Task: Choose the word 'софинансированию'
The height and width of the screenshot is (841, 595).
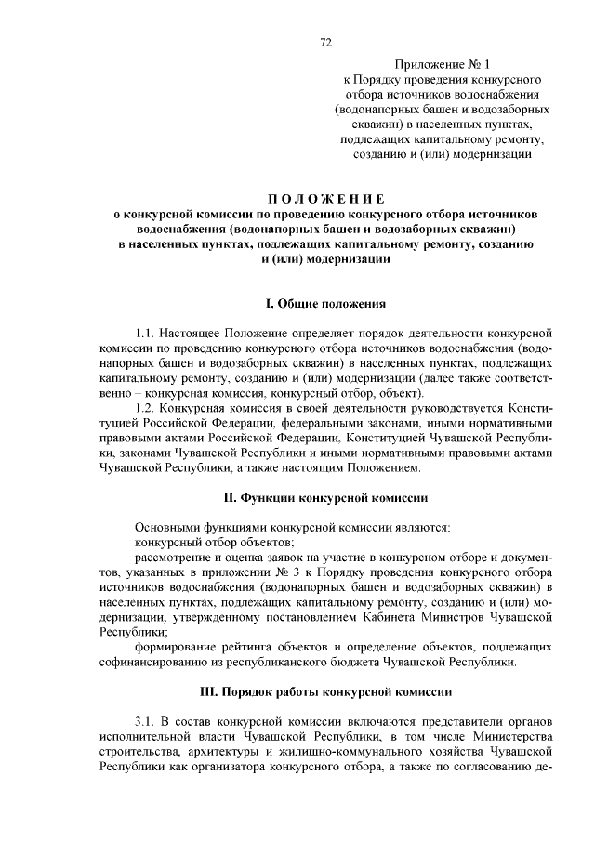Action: pos(158,662)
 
